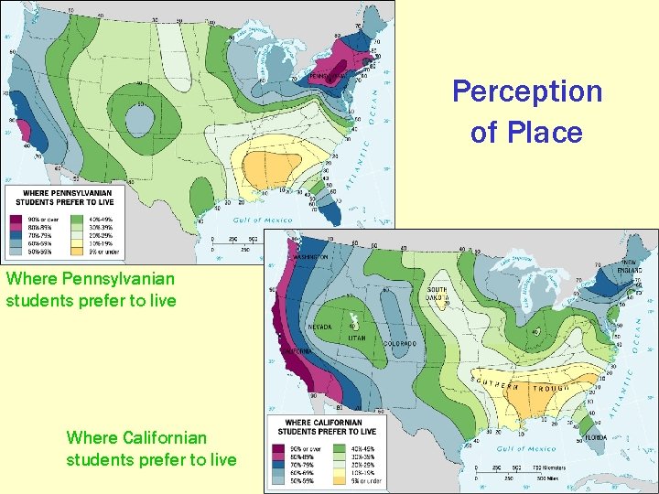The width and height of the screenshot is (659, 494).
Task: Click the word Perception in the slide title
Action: [527, 91]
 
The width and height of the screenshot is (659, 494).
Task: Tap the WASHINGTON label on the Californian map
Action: [308, 258]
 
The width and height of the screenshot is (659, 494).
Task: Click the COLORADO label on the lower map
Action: [399, 344]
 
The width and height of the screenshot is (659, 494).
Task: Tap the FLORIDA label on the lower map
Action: [596, 438]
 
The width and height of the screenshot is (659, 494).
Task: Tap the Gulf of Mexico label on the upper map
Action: [259, 220]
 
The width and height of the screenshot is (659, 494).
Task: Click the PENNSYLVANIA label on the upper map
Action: [330, 76]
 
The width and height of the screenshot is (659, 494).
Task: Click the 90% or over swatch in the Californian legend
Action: [278, 448]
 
